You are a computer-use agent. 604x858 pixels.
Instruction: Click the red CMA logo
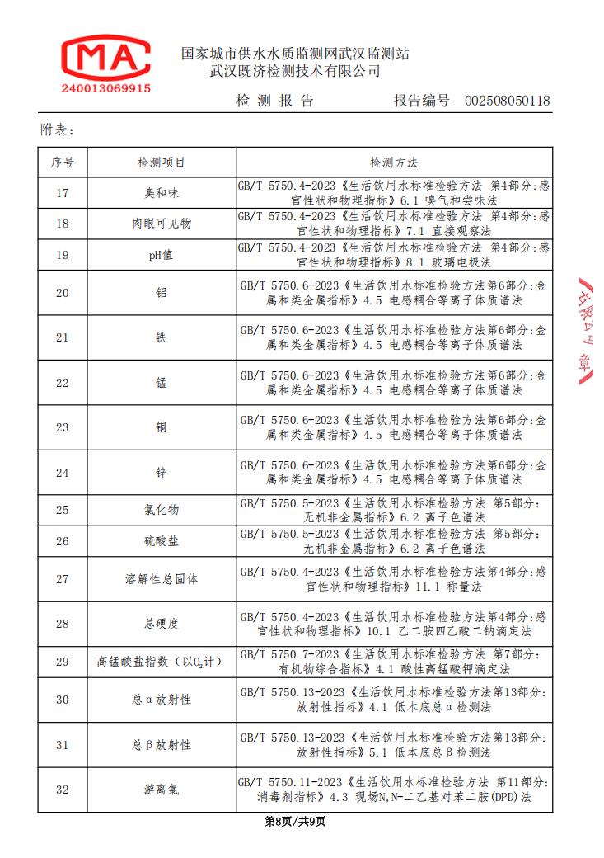pos(105,58)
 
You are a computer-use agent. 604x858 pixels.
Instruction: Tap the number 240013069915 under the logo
pos(105,87)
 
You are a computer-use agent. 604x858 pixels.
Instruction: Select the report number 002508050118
pos(508,101)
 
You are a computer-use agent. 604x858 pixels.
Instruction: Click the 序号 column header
pos(63,163)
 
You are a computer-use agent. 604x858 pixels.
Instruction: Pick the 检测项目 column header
pos(162,163)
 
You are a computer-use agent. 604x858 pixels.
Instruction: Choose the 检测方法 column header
pos(394,163)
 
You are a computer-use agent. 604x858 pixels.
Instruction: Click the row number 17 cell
pos(63,193)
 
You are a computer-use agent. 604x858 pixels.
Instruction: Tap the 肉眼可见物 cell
pos(162,224)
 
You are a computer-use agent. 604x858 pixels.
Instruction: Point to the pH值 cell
pos(162,255)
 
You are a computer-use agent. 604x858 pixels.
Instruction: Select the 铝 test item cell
pos(162,293)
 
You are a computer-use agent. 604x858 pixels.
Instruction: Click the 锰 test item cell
pos(162,383)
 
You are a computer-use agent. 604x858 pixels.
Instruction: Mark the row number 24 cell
pos(63,473)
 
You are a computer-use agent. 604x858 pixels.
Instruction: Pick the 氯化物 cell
pos(162,510)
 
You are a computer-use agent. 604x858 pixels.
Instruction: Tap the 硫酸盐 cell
pos(162,541)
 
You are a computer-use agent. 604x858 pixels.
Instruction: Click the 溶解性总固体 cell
pos(162,579)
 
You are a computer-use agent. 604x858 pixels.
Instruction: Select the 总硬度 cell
pos(162,624)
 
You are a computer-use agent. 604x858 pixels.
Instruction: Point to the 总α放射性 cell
pos(162,700)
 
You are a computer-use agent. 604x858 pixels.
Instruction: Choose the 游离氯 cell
pos(162,790)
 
